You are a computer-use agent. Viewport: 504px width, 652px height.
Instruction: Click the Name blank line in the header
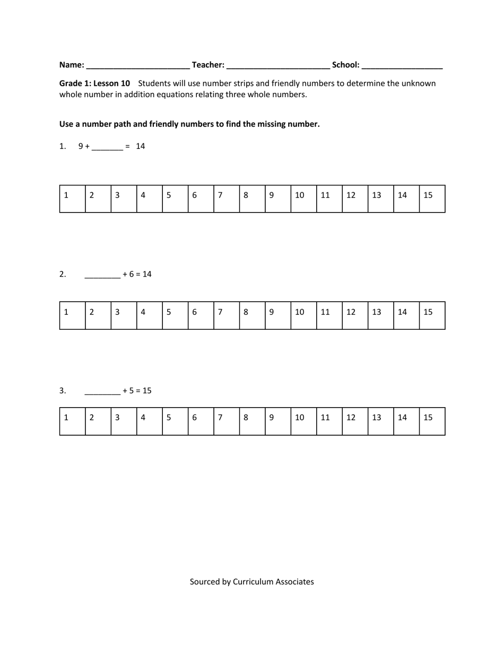(x=138, y=66)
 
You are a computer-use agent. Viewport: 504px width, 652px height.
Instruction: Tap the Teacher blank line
(x=278, y=66)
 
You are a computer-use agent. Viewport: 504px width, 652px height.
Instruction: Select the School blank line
(x=402, y=66)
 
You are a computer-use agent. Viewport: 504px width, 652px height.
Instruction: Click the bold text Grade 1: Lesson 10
(x=94, y=83)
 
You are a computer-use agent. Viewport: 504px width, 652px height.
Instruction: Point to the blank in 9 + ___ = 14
(x=107, y=147)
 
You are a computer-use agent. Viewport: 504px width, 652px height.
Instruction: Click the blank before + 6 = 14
(x=102, y=275)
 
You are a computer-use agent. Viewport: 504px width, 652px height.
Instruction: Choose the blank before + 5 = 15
(x=102, y=391)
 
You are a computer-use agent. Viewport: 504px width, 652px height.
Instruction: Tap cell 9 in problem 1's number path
(x=278, y=199)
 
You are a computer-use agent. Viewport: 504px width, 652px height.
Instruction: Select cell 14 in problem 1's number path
(x=406, y=199)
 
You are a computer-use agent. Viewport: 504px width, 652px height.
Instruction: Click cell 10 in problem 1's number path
(x=303, y=199)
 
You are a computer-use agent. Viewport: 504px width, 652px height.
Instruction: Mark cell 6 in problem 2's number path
(x=201, y=315)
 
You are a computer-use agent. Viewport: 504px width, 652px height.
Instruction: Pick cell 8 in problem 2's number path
(x=252, y=315)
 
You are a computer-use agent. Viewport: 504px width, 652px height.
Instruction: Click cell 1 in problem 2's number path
(x=73, y=315)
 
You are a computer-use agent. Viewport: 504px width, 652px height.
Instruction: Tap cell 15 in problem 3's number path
(x=432, y=421)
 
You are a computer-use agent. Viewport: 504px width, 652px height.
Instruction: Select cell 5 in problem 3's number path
(x=175, y=421)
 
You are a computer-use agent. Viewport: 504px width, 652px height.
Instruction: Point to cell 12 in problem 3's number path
(x=355, y=421)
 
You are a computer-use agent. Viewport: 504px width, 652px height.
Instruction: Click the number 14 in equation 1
(x=140, y=146)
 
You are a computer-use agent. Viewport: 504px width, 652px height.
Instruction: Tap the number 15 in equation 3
(x=146, y=391)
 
